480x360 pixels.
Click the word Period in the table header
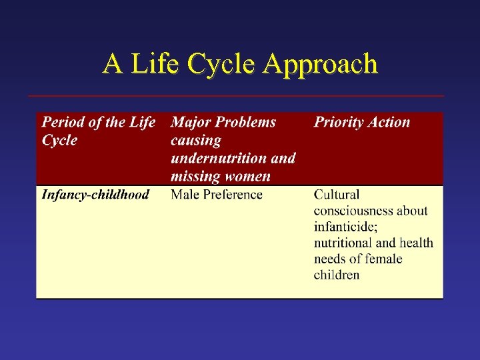tap(63, 122)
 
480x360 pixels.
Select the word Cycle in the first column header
tap(59, 141)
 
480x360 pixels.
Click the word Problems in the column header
tap(245, 122)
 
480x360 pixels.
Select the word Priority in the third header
tap(339, 122)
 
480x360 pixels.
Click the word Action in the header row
tap(389, 122)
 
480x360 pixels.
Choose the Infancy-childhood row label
tap(95, 195)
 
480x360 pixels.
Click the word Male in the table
tap(185, 195)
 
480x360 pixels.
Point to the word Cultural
tap(337, 195)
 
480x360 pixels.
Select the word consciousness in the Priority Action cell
tap(354, 211)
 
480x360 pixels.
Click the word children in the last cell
tap(337, 275)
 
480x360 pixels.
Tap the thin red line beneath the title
tap(235, 96)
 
